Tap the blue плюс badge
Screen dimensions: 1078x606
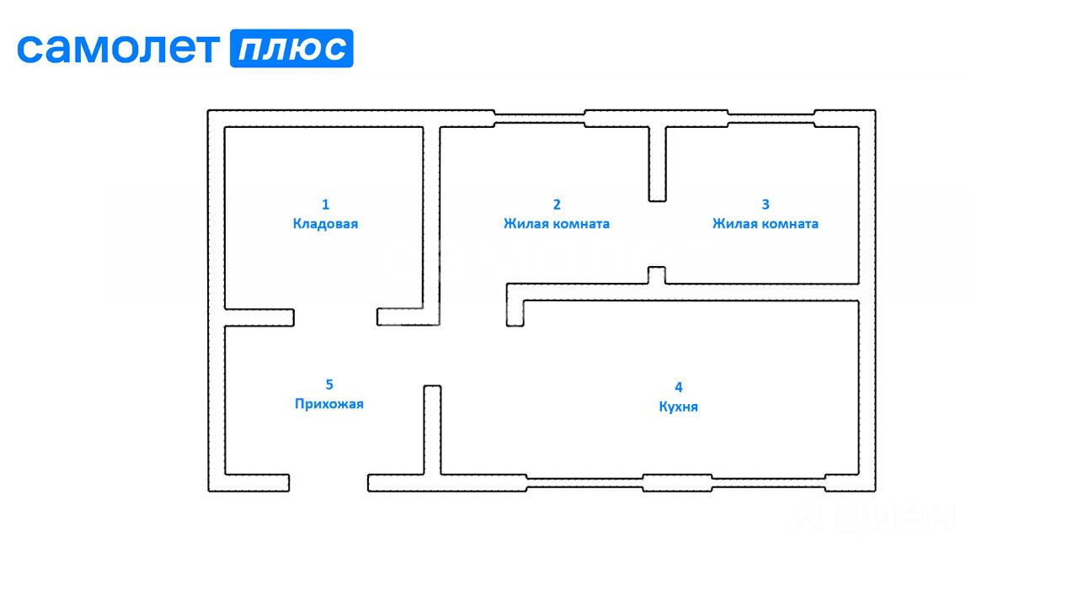[291, 49]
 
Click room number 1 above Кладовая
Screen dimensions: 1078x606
[326, 205]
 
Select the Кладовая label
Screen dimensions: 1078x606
[326, 224]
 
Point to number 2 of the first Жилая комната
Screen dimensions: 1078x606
[557, 205]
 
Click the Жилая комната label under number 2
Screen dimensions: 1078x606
[557, 224]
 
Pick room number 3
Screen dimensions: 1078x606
[766, 205]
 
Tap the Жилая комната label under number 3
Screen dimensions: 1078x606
[766, 224]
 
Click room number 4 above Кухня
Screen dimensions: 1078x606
[679, 387]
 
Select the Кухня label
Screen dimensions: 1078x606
[679, 407]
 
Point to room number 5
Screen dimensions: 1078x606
[329, 385]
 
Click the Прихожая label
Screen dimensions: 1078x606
[329, 404]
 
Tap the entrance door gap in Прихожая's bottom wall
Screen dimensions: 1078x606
[328, 482]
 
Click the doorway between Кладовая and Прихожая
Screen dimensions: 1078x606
[335, 317]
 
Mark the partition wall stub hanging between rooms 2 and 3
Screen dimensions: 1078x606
[657, 164]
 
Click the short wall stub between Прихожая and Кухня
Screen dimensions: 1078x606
[432, 429]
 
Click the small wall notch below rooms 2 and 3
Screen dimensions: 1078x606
[657, 274]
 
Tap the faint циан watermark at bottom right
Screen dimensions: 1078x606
[876, 515]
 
